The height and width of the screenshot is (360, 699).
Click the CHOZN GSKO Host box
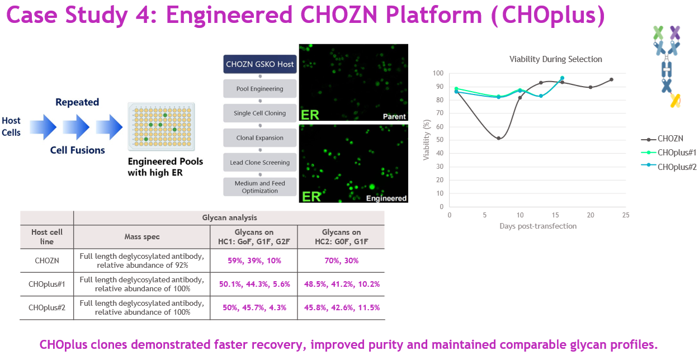[x=259, y=64]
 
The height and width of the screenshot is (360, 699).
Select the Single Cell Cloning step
[x=259, y=113]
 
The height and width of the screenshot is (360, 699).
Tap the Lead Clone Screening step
[x=259, y=163]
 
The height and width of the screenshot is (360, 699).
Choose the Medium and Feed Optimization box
[x=259, y=187]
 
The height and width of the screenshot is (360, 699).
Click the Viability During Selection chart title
[x=555, y=59]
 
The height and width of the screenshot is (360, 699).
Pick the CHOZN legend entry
[x=670, y=139]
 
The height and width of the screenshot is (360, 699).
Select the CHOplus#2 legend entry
[x=677, y=167]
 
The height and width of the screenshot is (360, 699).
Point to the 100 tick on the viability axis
[x=437, y=73]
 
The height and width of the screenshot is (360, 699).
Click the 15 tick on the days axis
[x=555, y=215]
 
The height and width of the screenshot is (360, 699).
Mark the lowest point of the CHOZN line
[x=498, y=138]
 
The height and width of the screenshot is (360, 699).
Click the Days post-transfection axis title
[x=537, y=226]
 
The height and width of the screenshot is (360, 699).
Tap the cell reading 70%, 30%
[x=341, y=260]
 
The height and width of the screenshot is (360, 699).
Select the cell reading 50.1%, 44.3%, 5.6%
[x=254, y=284]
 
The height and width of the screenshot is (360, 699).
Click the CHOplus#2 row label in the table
[x=47, y=307]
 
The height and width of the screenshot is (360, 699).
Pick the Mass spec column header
[x=141, y=236]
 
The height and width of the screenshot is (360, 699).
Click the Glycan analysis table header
[x=229, y=217]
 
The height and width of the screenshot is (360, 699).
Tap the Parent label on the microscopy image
[x=394, y=116]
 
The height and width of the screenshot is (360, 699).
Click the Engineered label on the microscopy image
[x=386, y=198]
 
